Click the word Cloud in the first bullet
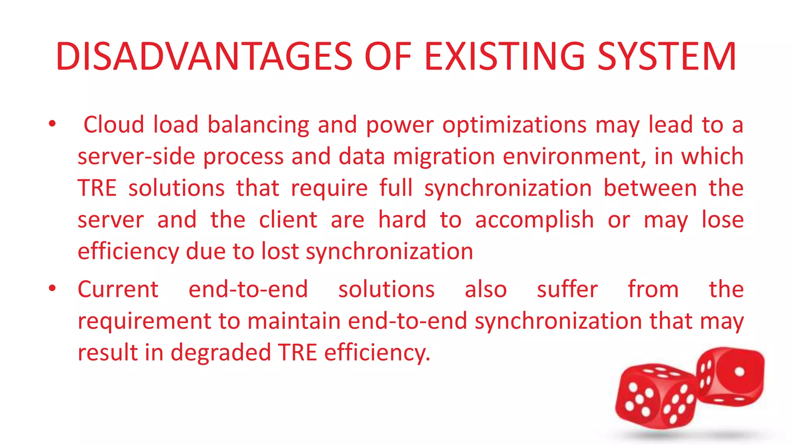[x=114, y=125]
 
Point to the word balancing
[x=258, y=126]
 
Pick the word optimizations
[x=514, y=126]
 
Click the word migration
[x=444, y=157]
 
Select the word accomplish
[x=534, y=221]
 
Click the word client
[x=288, y=220]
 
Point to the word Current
[x=118, y=289]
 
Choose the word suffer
[x=567, y=289]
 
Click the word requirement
[x=144, y=321]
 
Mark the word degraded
[x=220, y=353]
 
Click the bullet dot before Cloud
[x=52, y=124]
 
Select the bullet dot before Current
[x=52, y=289]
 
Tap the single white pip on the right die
[x=739, y=372]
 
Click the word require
[x=329, y=189]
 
